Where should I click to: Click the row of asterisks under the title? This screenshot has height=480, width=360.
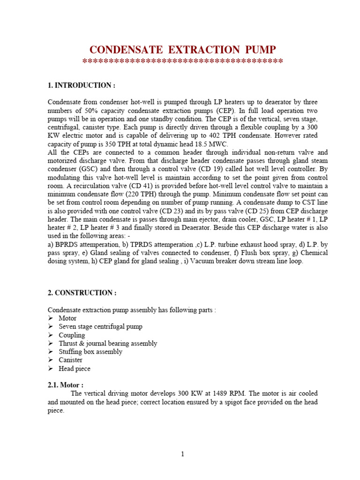tap(182, 62)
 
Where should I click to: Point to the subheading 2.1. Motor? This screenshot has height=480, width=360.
tap(66, 385)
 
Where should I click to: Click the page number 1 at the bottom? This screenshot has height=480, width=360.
tap(182, 454)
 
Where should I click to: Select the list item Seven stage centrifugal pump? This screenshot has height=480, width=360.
tap(100, 327)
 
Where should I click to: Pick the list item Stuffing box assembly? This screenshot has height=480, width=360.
tap(90, 352)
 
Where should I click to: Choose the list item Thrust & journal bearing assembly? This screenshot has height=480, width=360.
tap(108, 344)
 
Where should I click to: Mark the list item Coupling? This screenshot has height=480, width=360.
tap(72, 335)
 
